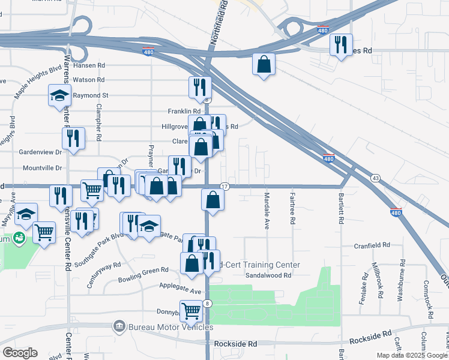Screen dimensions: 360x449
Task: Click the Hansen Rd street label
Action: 89,65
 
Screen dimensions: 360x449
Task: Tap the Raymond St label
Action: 90,95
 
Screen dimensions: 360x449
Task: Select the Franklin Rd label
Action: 184,112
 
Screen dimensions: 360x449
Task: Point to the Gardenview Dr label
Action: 41,152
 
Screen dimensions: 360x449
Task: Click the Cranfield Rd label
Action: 372,245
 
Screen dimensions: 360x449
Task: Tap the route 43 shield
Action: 375,178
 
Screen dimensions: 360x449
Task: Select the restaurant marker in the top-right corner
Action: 340,46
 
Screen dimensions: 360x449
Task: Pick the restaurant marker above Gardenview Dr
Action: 73,138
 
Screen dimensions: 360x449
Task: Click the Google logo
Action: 20,353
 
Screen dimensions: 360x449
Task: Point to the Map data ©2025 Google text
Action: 411,355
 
